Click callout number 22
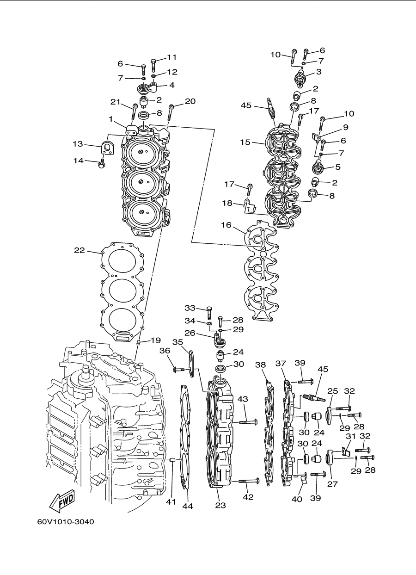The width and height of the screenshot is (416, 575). point(79,250)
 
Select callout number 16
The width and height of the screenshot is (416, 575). point(226,225)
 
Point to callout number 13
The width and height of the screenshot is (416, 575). point(78,144)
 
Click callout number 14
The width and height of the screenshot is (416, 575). point(79,161)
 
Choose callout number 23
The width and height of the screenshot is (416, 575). point(220,505)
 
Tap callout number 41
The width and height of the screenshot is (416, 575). point(171,501)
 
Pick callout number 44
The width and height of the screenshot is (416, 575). point(188,506)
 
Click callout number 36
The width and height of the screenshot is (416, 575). point(165,351)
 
